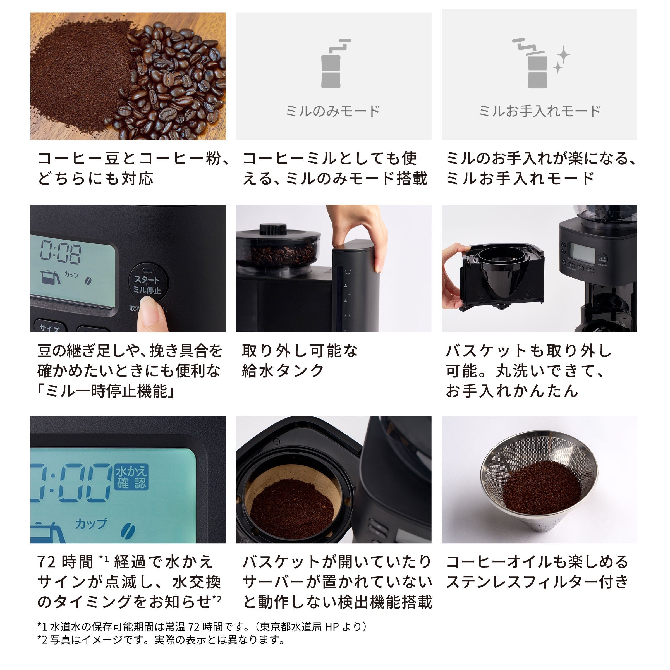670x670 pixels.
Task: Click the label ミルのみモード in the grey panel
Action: [333, 111]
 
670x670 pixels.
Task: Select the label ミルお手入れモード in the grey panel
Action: [539, 111]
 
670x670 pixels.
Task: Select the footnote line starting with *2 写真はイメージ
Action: [161, 640]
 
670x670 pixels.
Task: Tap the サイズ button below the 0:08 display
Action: [50, 328]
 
